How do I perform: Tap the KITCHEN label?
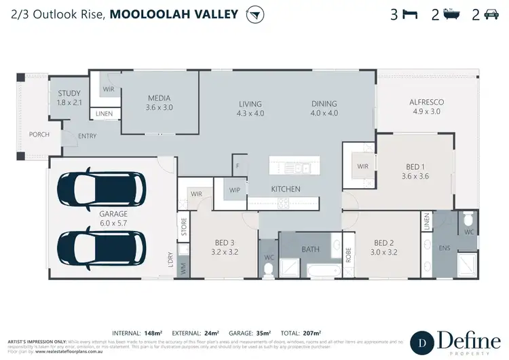coord(286,188)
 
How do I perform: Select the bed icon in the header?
coord(409,14)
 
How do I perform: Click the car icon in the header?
coord(490,14)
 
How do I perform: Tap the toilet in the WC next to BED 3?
coord(268,269)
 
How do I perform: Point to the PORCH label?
coord(39,134)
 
